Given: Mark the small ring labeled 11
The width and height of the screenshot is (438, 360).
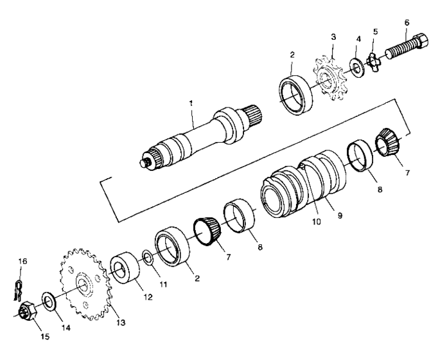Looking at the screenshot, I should (146, 258).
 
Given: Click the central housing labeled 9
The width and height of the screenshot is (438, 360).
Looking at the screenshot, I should (328, 174).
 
